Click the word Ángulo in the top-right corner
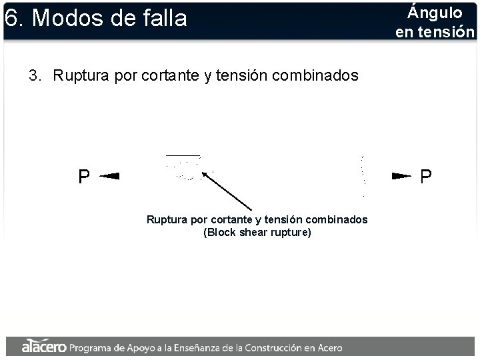pos(435,12)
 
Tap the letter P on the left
pos(84,177)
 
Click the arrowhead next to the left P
pos(110,176)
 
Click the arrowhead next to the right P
pos(400,176)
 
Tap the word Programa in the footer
pos(94,347)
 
